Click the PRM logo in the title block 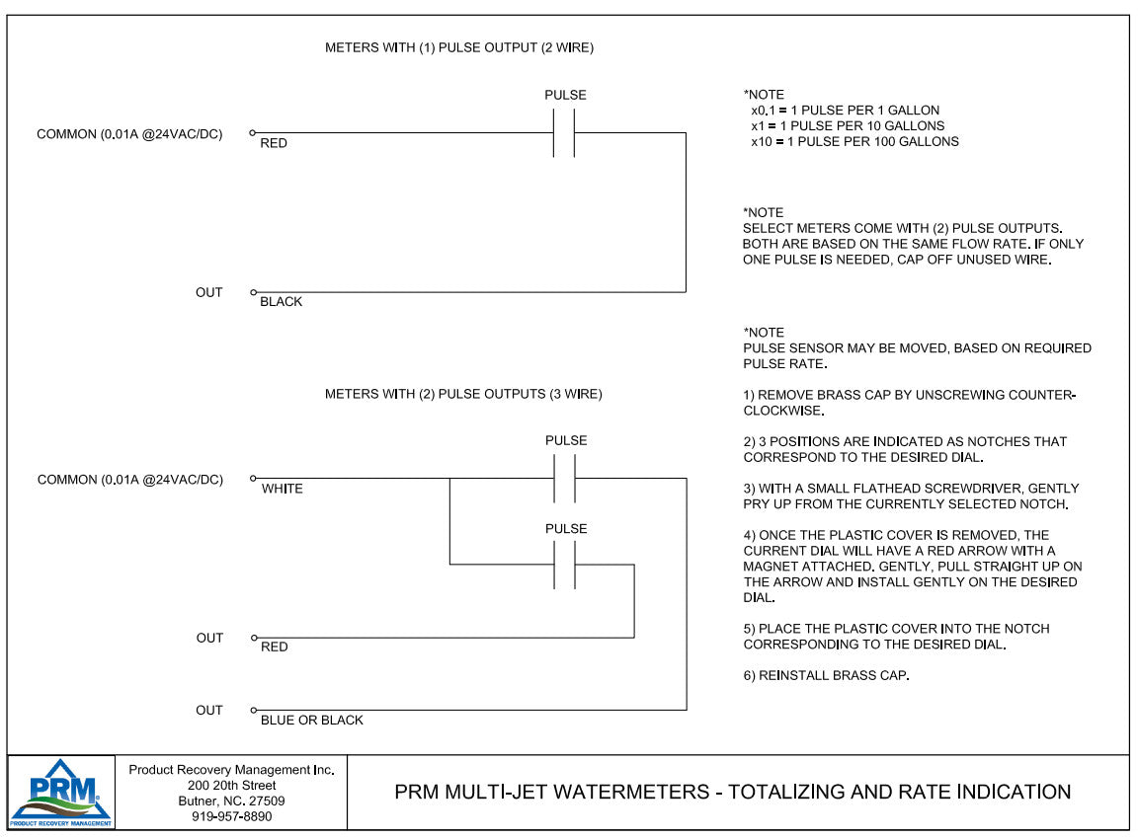(61, 792)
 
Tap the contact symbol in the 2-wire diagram (563, 132)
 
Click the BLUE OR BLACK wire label (311, 721)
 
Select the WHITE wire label (283, 489)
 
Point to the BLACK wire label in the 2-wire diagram (281, 302)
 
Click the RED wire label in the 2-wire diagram (274, 143)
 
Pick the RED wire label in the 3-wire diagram (275, 648)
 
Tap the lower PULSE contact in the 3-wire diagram (563, 565)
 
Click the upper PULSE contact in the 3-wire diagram (563, 478)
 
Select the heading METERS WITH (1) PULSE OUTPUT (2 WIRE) (459, 47)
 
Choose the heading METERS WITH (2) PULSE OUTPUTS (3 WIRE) (463, 394)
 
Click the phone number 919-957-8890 (231, 816)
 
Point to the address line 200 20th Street (231, 786)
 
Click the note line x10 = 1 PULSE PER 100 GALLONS (854, 141)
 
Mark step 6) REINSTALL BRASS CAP (826, 676)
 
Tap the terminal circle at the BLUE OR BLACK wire (253, 711)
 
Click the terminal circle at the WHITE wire (253, 479)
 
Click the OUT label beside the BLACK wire (209, 292)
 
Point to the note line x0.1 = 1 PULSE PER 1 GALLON (845, 110)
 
